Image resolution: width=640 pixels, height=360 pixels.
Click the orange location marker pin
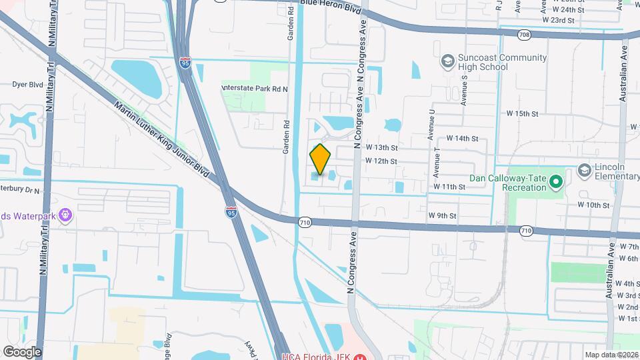point(321,159)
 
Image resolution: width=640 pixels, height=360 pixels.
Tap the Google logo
point(22,351)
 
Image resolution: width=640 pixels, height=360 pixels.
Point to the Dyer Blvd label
point(27,85)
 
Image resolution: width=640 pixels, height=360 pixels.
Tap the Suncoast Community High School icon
point(447,63)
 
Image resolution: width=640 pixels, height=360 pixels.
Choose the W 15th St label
point(521,114)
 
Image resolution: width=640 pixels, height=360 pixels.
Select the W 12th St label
point(381,161)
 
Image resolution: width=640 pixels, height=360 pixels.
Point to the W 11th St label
point(449,187)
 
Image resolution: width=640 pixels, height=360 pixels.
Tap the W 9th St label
point(442,215)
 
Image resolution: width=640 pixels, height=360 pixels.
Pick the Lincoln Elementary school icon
point(585,171)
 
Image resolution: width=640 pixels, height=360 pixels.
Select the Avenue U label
point(432,123)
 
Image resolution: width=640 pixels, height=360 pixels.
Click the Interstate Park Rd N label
point(254,88)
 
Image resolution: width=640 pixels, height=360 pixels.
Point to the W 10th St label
point(593,205)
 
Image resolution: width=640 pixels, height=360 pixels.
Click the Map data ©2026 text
point(611,354)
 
